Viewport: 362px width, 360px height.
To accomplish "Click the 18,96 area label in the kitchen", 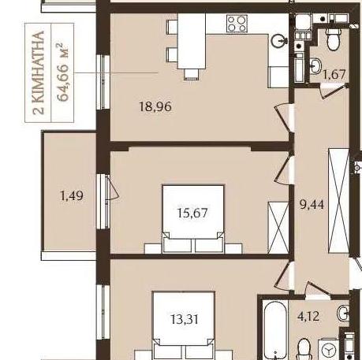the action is (155, 107).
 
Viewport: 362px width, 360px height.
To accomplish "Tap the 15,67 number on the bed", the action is (192, 213).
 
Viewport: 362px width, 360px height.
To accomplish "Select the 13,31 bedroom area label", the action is (185, 319).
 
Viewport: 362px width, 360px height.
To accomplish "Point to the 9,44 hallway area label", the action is (312, 204).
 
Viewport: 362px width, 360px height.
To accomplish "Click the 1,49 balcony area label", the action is (72, 195).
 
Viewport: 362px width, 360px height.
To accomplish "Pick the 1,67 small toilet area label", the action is (334, 74).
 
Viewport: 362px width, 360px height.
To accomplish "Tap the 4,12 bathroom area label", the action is (308, 316).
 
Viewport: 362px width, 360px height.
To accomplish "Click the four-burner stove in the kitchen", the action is (237, 24).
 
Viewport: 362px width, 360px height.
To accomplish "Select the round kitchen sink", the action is (278, 41).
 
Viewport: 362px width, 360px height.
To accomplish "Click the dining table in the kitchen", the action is (192, 41).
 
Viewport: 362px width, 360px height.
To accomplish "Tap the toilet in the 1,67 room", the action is (334, 39).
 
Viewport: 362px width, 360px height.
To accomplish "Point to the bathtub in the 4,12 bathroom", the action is (275, 330).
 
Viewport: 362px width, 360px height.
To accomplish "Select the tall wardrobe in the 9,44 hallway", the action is (339, 201).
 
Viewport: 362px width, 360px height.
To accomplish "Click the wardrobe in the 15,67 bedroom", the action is (278, 228).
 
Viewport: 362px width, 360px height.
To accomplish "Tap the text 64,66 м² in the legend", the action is (63, 72).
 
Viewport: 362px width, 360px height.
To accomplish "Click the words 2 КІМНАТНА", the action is (39, 72).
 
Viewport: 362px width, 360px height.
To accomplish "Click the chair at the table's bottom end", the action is (191, 74).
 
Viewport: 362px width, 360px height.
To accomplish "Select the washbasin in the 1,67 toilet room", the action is (315, 65).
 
